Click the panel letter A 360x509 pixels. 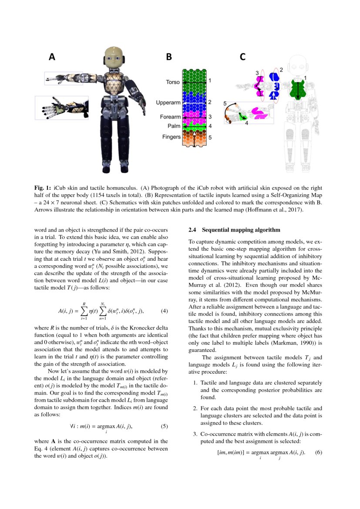coord(52,57)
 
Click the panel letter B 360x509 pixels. coord(169,57)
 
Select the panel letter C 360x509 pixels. coord(242,57)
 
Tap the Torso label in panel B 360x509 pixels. coord(173,82)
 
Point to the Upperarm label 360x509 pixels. coord(168,103)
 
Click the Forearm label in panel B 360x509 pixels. coord(170,117)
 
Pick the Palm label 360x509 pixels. coord(174,126)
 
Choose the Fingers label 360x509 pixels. coord(171,137)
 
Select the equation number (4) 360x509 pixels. coord(165,311)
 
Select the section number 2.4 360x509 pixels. coord(193,229)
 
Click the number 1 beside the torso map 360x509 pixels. coord(209,81)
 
